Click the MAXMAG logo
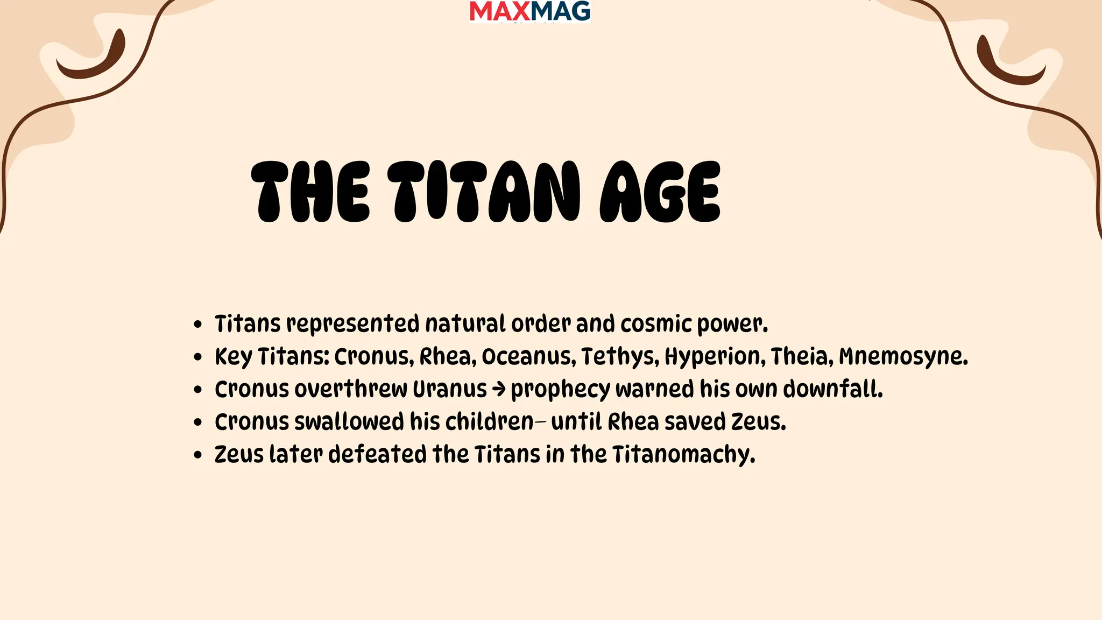[529, 11]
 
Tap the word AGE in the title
[660, 192]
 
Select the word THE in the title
[310, 192]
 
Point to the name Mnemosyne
[903, 357]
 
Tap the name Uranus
[449, 390]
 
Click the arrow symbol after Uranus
[499, 390]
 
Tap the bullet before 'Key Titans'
[198, 357]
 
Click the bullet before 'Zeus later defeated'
[198, 455]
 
